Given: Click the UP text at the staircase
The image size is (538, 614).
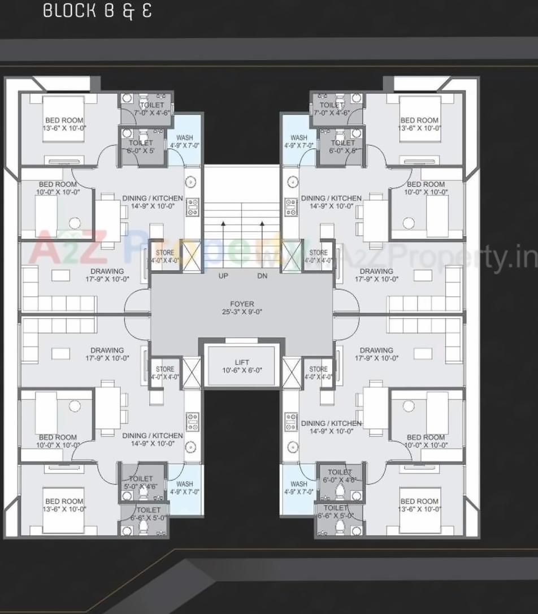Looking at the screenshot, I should point(223,276).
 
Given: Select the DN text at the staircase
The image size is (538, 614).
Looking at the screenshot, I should point(262,276).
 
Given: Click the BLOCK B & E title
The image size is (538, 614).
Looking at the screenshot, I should point(97,11).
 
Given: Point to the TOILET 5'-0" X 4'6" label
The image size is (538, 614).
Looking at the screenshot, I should point(141,482).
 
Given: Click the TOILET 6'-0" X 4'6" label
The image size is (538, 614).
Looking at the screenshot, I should point(340,476).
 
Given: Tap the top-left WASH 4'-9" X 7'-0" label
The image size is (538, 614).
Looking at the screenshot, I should point(185,141).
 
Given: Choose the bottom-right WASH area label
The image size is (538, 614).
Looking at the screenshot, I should point(299,488).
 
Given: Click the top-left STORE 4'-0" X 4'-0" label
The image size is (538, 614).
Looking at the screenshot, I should point(164,257).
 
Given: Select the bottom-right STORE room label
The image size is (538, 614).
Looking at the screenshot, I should point(318,373).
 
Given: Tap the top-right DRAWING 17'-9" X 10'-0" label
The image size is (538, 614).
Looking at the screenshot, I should point(376,275).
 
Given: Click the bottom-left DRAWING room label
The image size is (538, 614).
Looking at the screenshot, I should point(107,354).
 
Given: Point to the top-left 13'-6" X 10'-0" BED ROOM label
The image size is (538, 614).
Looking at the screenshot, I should point(64,124).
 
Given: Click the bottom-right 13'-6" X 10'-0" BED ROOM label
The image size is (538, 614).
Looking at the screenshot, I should point(419,505).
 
